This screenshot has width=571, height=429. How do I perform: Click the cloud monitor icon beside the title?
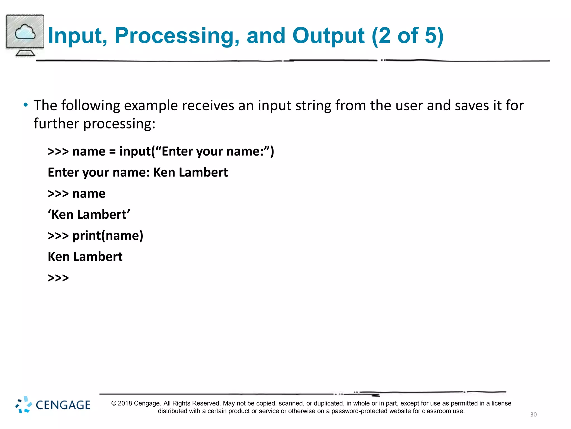25,35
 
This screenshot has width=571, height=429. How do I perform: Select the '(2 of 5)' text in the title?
407,36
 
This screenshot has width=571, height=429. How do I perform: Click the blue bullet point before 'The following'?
26,105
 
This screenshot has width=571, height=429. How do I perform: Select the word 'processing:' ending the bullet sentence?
119,124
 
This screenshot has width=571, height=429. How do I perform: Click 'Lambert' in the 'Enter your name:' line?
203,172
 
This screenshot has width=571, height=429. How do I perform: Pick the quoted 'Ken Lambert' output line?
89,214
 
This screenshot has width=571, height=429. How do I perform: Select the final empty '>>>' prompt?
58,278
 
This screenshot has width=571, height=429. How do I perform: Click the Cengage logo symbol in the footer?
23,404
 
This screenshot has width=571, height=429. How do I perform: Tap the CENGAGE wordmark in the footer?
63,405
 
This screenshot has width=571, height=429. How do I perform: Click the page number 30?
533,414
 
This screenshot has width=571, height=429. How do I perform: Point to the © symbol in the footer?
114,403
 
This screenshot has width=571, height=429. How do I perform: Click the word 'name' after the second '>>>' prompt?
89,194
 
